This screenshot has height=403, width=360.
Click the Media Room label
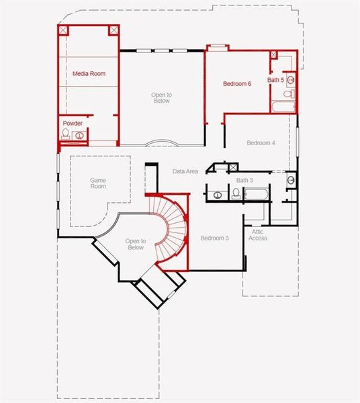pos(89,74)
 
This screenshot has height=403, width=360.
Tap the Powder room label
pos(73,124)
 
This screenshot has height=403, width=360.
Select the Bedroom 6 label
pos(237,84)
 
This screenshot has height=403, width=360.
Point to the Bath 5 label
pos(275,81)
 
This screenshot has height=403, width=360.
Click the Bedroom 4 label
pos(261,143)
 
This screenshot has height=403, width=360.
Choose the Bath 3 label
pos(244,180)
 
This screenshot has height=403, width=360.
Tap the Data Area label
pos(185,172)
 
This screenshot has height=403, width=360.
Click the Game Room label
pos(98,183)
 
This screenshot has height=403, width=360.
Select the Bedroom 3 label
pos(214,238)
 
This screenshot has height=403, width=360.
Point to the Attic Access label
pos(257,234)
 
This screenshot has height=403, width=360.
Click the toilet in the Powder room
pos(66,135)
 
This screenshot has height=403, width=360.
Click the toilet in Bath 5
pos(288,94)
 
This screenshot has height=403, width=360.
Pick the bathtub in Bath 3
pos(256,194)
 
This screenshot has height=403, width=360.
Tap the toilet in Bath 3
pos(236,193)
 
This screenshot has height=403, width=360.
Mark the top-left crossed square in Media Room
pos(64,30)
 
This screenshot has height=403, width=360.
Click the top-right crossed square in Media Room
pos(114,30)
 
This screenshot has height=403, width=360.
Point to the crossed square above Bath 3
pos(233,167)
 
